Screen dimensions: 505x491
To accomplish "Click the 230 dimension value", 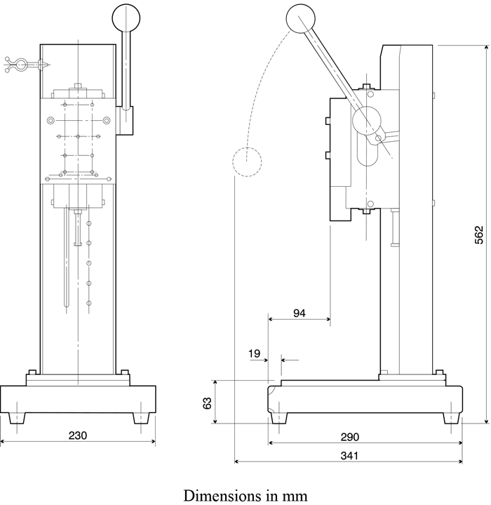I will [x=78, y=435].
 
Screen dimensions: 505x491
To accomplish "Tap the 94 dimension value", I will [x=300, y=313].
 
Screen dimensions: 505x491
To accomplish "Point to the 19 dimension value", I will [x=254, y=353].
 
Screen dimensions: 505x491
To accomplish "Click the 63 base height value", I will [x=207, y=402].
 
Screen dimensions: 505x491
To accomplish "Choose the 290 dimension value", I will [x=350, y=437].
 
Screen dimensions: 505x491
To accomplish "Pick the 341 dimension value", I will [x=350, y=455].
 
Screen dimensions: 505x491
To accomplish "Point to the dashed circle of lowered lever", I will [x=246, y=163].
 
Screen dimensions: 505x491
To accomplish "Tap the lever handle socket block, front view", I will [x=126, y=120].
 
